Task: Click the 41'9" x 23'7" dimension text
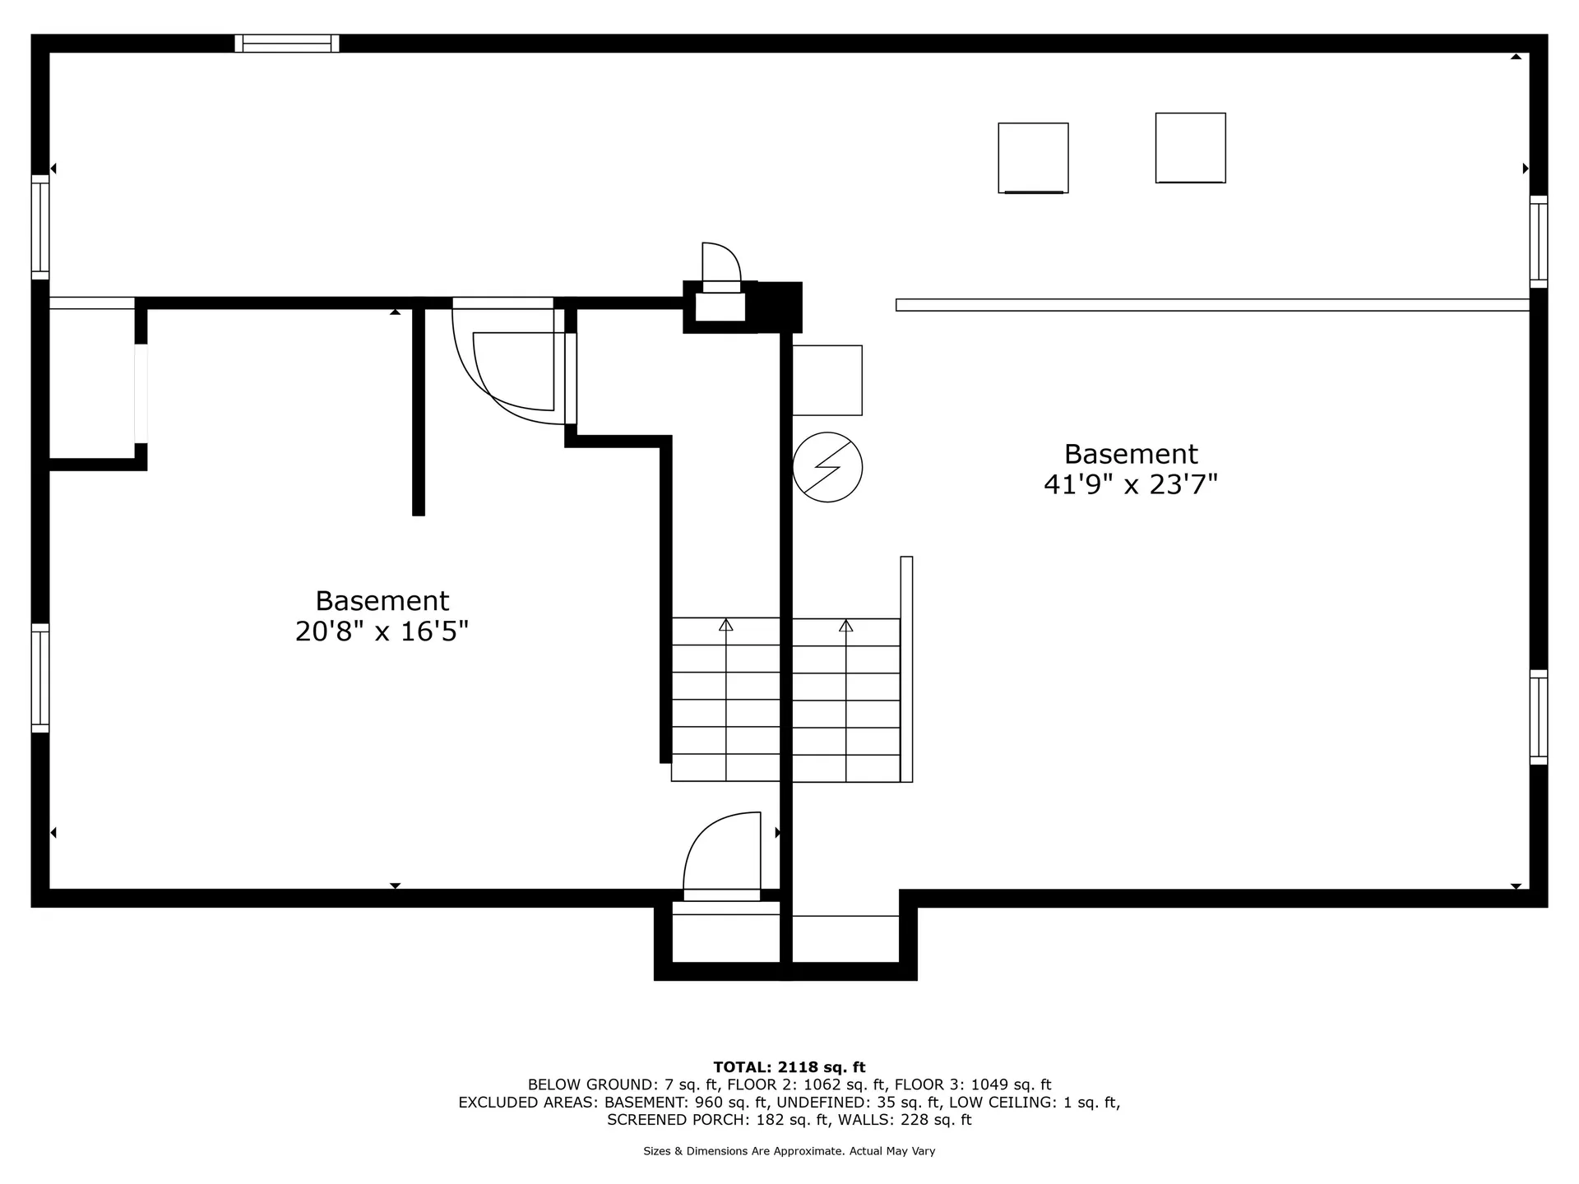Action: pos(1131,484)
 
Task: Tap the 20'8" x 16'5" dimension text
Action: pos(382,631)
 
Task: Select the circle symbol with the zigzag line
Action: pos(827,467)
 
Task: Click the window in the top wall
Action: pos(287,44)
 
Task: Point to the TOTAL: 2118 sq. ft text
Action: pos(789,1067)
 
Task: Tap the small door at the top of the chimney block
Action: pos(721,267)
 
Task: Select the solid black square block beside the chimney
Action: pos(779,307)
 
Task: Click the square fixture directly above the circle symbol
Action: pos(827,380)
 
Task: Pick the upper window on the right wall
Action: pos(1538,242)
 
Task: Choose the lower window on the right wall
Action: pos(1538,717)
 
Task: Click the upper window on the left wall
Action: pos(40,227)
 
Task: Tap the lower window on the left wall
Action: pos(40,678)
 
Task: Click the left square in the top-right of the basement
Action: pos(1033,158)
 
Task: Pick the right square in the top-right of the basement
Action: pos(1190,148)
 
